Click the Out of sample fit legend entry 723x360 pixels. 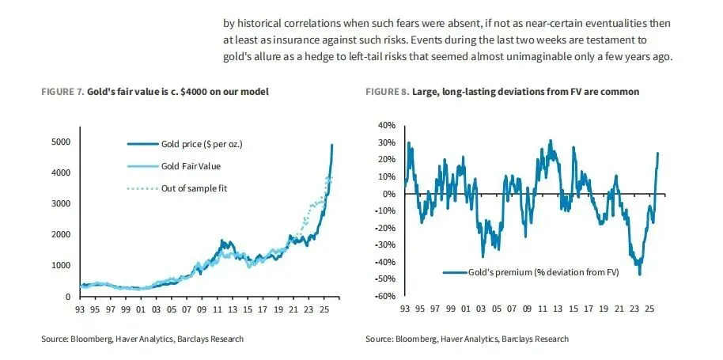(195, 188)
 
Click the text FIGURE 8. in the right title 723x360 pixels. (386, 92)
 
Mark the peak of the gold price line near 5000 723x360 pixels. (332, 145)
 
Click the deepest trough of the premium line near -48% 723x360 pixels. (639, 274)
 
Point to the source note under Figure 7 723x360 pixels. (142, 339)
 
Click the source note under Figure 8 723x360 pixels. (467, 339)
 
